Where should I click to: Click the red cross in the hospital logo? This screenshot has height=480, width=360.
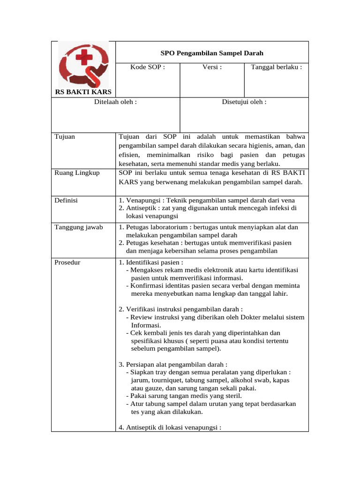[x=84, y=58]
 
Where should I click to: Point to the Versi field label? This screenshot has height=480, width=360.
[x=212, y=67]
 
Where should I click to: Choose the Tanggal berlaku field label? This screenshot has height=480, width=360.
[x=277, y=67]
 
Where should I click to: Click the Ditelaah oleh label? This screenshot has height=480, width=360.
[x=115, y=102]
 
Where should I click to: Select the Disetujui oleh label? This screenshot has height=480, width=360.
[x=244, y=102]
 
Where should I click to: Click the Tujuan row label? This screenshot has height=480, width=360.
[x=65, y=137]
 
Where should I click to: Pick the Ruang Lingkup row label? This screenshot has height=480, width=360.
[x=77, y=172]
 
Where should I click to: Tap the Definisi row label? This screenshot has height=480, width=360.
[x=66, y=201]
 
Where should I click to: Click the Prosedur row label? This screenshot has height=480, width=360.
[x=67, y=262]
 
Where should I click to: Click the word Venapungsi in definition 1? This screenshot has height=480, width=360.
[x=143, y=201]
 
